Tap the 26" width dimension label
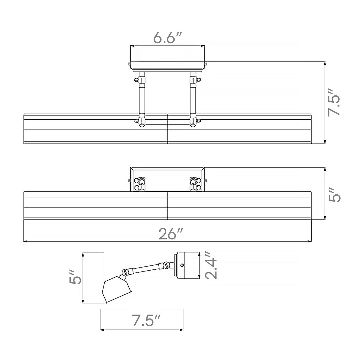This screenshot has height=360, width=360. pyautogui.click(x=171, y=234)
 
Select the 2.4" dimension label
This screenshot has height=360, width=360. pyautogui.click(x=211, y=265)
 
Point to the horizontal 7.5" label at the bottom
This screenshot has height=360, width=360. pyautogui.click(x=146, y=320)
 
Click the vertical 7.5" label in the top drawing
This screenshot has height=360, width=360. pyautogui.click(x=333, y=102)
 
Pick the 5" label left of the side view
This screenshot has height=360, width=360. pyautogui.click(x=75, y=278)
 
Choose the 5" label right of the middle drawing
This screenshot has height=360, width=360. pyautogui.click(x=334, y=195)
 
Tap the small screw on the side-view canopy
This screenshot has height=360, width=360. pyautogui.click(x=182, y=265)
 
